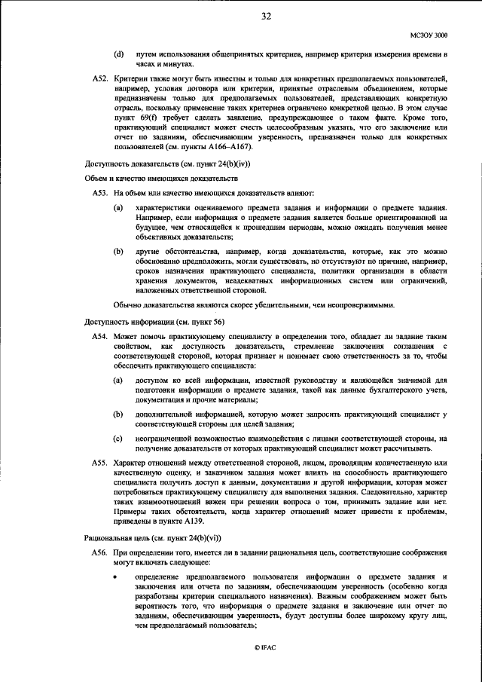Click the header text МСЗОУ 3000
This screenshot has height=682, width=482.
pyautogui.click(x=429, y=35)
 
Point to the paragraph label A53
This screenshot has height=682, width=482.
pyautogui.click(x=99, y=194)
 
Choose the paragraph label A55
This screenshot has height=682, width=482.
pyautogui.click(x=99, y=461)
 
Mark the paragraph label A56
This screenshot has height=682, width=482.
pyautogui.click(x=99, y=552)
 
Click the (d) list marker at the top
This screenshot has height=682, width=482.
pyautogui.click(x=118, y=55)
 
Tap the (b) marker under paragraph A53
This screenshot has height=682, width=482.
pyautogui.click(x=118, y=249)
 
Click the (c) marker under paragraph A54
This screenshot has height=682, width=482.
pyautogui.click(x=118, y=437)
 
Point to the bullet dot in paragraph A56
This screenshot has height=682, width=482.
pyautogui.click(x=116, y=576)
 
